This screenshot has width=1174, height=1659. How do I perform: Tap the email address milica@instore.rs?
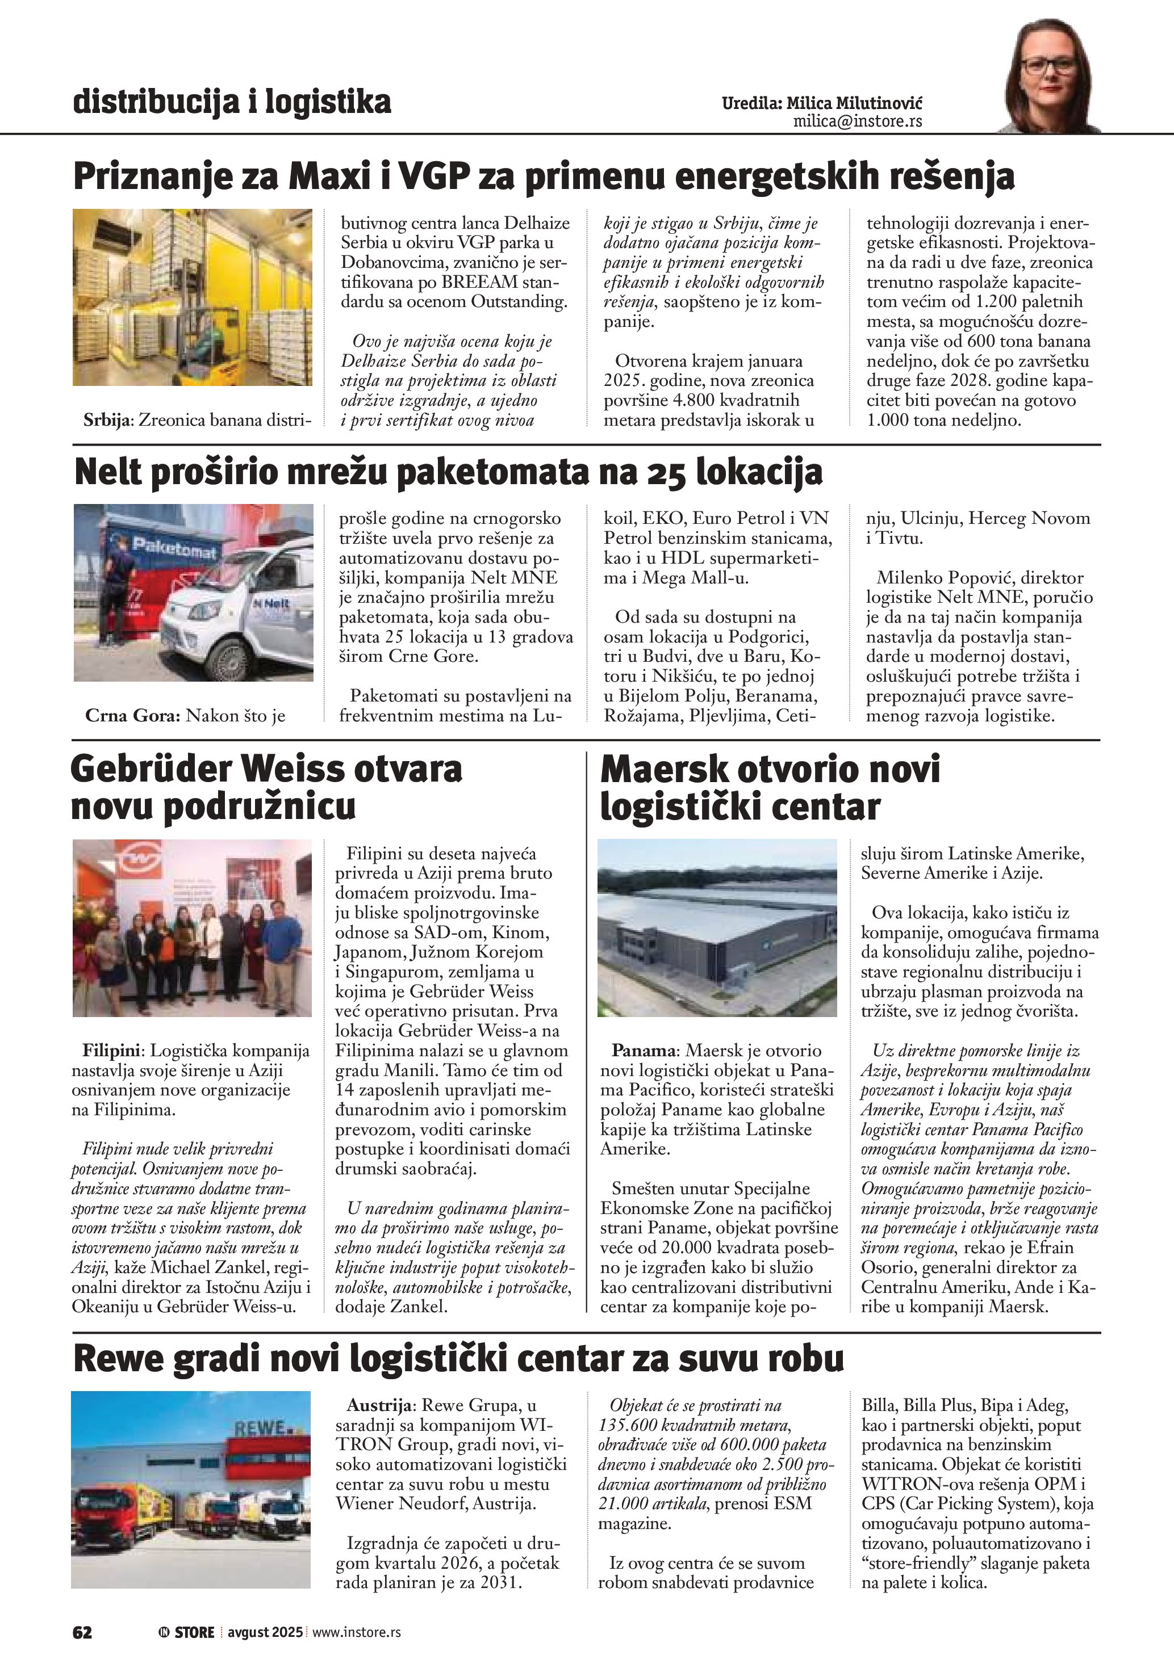[858, 121]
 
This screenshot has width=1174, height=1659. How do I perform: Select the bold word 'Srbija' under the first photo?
[107, 420]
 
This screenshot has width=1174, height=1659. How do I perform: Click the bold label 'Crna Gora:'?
[132, 715]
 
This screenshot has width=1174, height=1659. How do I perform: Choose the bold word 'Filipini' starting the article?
[114, 1051]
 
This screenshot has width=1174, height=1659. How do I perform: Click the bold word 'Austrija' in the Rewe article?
[379, 1405]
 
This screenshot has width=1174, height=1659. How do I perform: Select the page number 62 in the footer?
[82, 1632]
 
